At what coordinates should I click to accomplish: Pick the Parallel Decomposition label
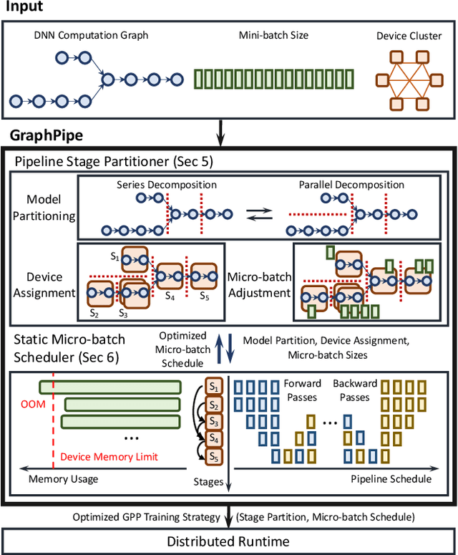pos(352,185)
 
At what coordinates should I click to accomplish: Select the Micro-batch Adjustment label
pos(259,284)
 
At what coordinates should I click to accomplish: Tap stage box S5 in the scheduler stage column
pos(214,456)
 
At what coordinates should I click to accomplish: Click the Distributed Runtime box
pos(229,541)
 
